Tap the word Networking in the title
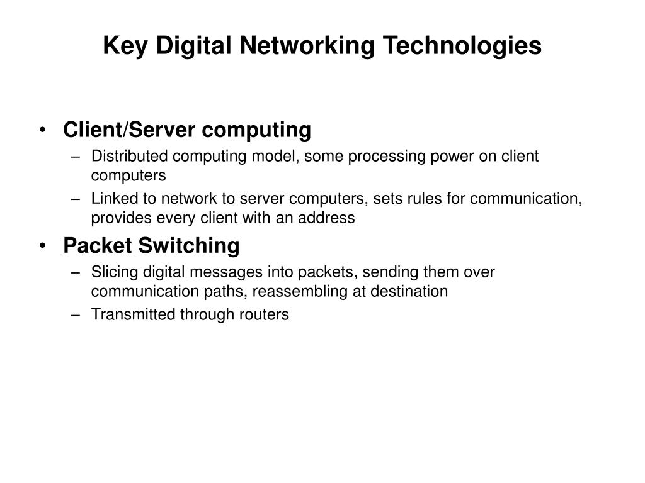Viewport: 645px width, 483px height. click(x=304, y=45)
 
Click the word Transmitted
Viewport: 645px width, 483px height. click(x=132, y=315)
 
